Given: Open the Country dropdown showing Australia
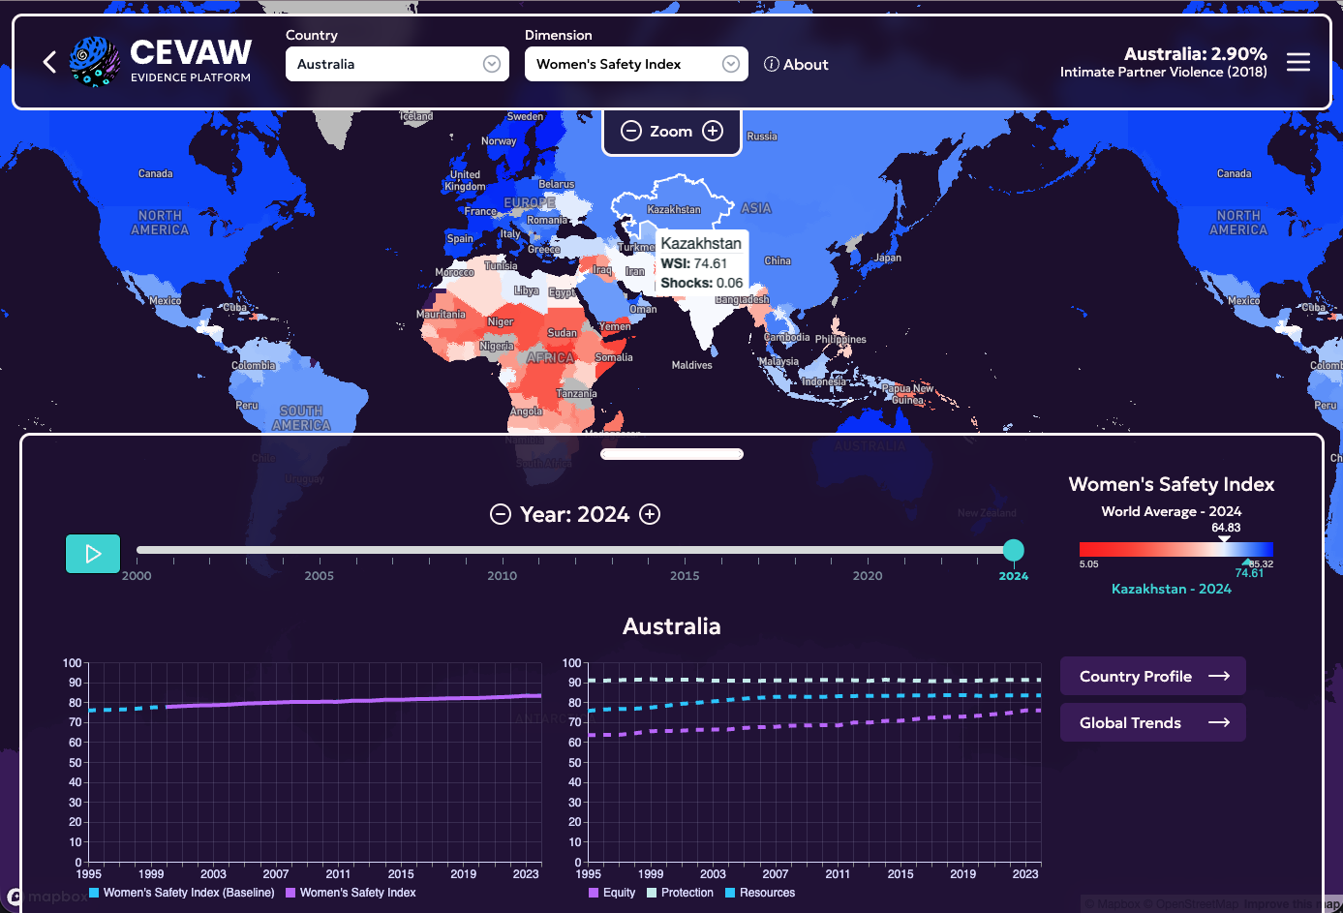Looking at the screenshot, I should [397, 64].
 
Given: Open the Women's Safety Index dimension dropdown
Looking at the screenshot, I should [636, 64].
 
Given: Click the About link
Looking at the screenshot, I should [796, 65].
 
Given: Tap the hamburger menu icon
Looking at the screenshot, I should [1298, 63].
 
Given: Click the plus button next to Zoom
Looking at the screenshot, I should [713, 131].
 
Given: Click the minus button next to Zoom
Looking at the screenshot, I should [630, 131].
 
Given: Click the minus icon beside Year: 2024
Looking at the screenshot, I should [501, 514].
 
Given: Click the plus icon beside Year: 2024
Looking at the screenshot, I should [651, 514].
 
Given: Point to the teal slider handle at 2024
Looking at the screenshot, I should [1013, 550].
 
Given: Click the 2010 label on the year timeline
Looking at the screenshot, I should [502, 575].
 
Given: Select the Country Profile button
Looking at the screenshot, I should [1152, 676].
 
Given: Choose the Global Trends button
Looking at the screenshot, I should [1152, 722].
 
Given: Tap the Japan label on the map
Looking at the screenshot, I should [888, 258].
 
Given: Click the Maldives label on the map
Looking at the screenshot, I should [691, 365].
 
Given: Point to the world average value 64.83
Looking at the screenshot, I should [1226, 528].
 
